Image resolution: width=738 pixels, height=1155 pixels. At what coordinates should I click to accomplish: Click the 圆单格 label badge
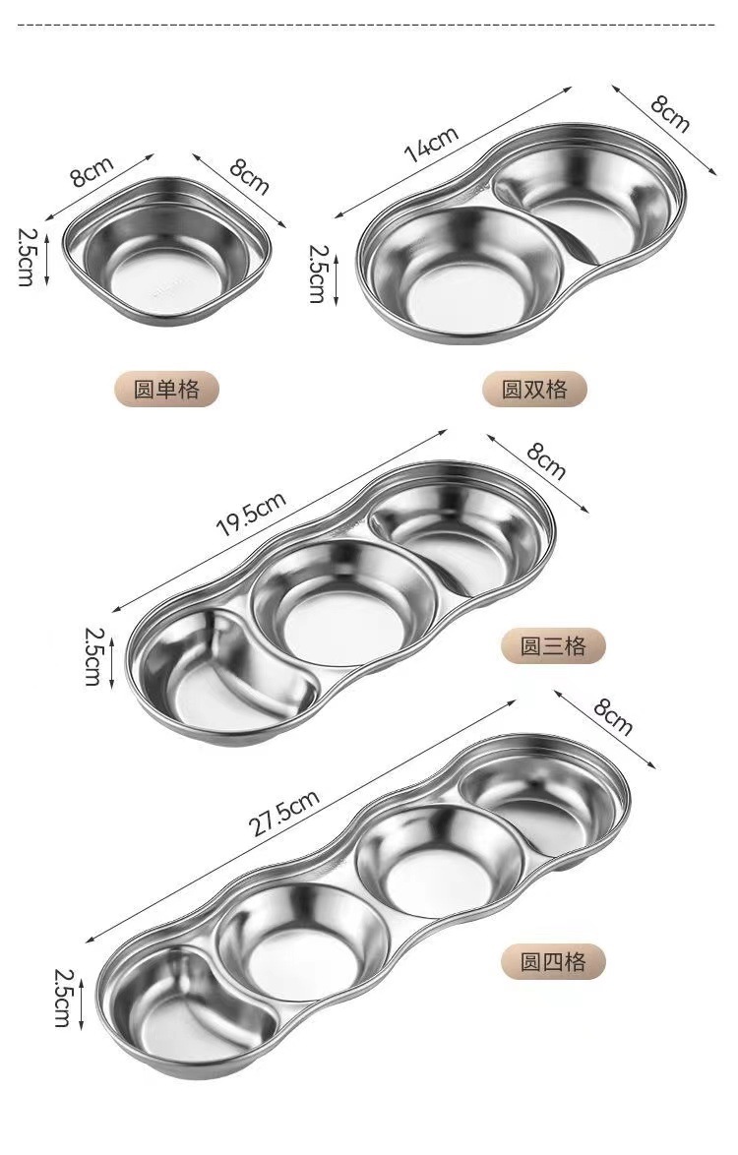pos(167,389)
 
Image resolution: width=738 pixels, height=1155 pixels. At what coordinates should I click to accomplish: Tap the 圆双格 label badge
pos(534,389)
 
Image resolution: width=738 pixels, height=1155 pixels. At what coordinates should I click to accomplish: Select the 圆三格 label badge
pos(553,646)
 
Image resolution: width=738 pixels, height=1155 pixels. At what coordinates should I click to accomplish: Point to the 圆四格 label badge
pos(553,962)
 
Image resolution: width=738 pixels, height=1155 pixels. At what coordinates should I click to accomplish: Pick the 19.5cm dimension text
pos(251,515)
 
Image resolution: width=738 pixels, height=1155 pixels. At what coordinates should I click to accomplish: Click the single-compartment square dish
pos(166,251)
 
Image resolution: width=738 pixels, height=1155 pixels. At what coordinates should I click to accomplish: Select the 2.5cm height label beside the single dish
pos(27,257)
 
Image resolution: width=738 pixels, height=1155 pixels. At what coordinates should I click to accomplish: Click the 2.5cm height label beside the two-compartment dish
pos(317,274)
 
